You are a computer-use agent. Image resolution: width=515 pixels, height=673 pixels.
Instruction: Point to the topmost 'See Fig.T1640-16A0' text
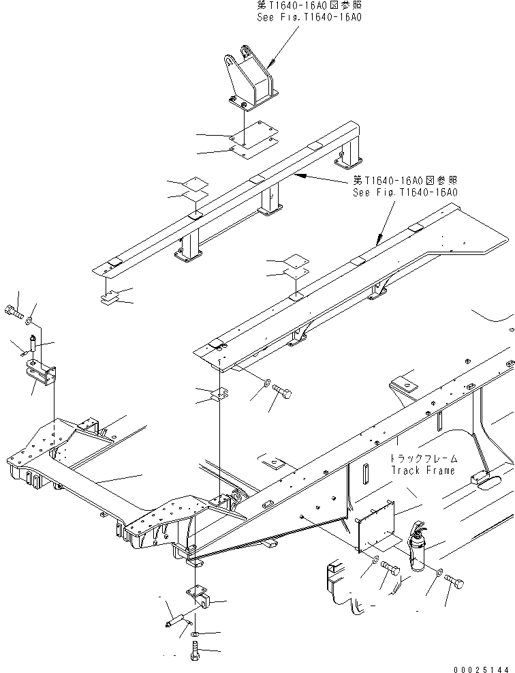(309, 17)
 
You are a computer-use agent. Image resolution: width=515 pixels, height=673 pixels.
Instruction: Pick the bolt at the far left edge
(13, 314)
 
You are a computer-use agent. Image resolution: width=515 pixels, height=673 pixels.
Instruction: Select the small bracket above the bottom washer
(200, 598)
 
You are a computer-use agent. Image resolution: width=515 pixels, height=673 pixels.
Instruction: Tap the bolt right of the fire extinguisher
(456, 581)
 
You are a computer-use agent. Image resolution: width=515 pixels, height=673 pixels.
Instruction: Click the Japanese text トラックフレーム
(424, 459)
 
